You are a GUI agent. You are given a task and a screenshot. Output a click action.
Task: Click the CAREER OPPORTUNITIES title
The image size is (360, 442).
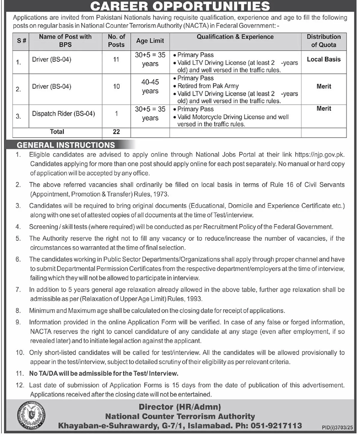[x=180, y=6]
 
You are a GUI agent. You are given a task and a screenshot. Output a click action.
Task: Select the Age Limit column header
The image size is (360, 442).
[x=150, y=41]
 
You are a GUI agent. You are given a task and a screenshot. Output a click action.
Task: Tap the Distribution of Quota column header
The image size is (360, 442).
[x=324, y=41]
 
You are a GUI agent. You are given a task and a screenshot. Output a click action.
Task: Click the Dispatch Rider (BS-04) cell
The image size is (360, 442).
[x=63, y=114]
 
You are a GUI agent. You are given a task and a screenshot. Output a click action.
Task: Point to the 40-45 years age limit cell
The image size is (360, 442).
[x=150, y=87]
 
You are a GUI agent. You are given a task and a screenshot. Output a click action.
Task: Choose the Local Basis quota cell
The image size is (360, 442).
[x=324, y=59]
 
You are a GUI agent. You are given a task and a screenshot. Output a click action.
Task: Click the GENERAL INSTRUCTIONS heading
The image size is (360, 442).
[x=66, y=145]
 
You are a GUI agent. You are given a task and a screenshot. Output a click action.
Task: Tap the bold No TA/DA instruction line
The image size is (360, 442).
[x=104, y=373]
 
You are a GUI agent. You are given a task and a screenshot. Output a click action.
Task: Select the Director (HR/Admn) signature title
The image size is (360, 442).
[x=180, y=406]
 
